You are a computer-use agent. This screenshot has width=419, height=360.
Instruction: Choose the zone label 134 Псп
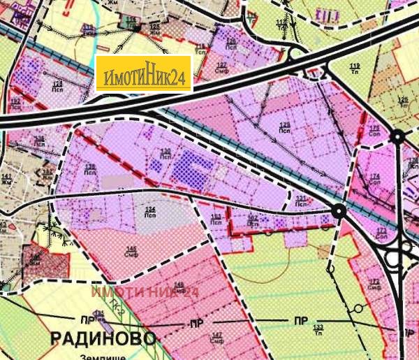click(x=149, y=212)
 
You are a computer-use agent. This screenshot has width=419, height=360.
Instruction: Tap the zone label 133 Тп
click(x=318, y=329)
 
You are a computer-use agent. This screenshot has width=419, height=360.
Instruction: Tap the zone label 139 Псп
click(x=91, y=168)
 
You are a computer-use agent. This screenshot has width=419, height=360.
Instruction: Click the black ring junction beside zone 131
click(x=339, y=210)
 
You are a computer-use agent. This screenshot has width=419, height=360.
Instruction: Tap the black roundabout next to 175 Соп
click(x=397, y=136)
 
